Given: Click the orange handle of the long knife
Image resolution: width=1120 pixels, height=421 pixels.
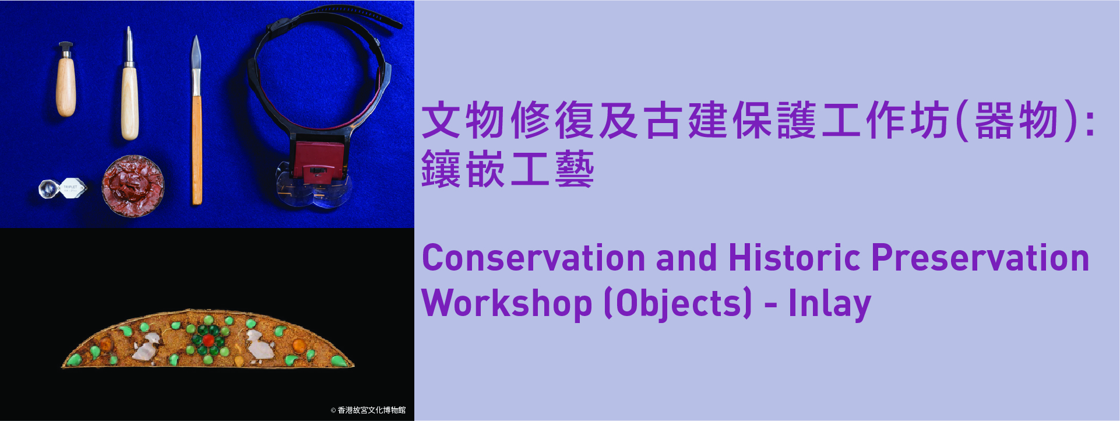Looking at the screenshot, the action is point(197,150).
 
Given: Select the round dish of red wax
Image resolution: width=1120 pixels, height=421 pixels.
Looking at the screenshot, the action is point(133,186).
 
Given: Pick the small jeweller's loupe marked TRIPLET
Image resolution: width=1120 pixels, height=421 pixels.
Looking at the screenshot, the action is point(63,188).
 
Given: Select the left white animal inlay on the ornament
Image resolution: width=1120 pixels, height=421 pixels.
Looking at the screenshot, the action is point(146,346).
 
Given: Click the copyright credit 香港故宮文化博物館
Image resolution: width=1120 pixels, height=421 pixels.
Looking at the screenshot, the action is point(368,411).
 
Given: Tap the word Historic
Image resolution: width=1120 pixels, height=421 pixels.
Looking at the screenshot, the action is point(794,258).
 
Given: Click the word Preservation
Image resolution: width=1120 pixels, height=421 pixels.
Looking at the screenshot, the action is point(980,258).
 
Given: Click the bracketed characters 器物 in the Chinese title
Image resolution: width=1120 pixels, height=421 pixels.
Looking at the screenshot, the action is point(1017,121).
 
